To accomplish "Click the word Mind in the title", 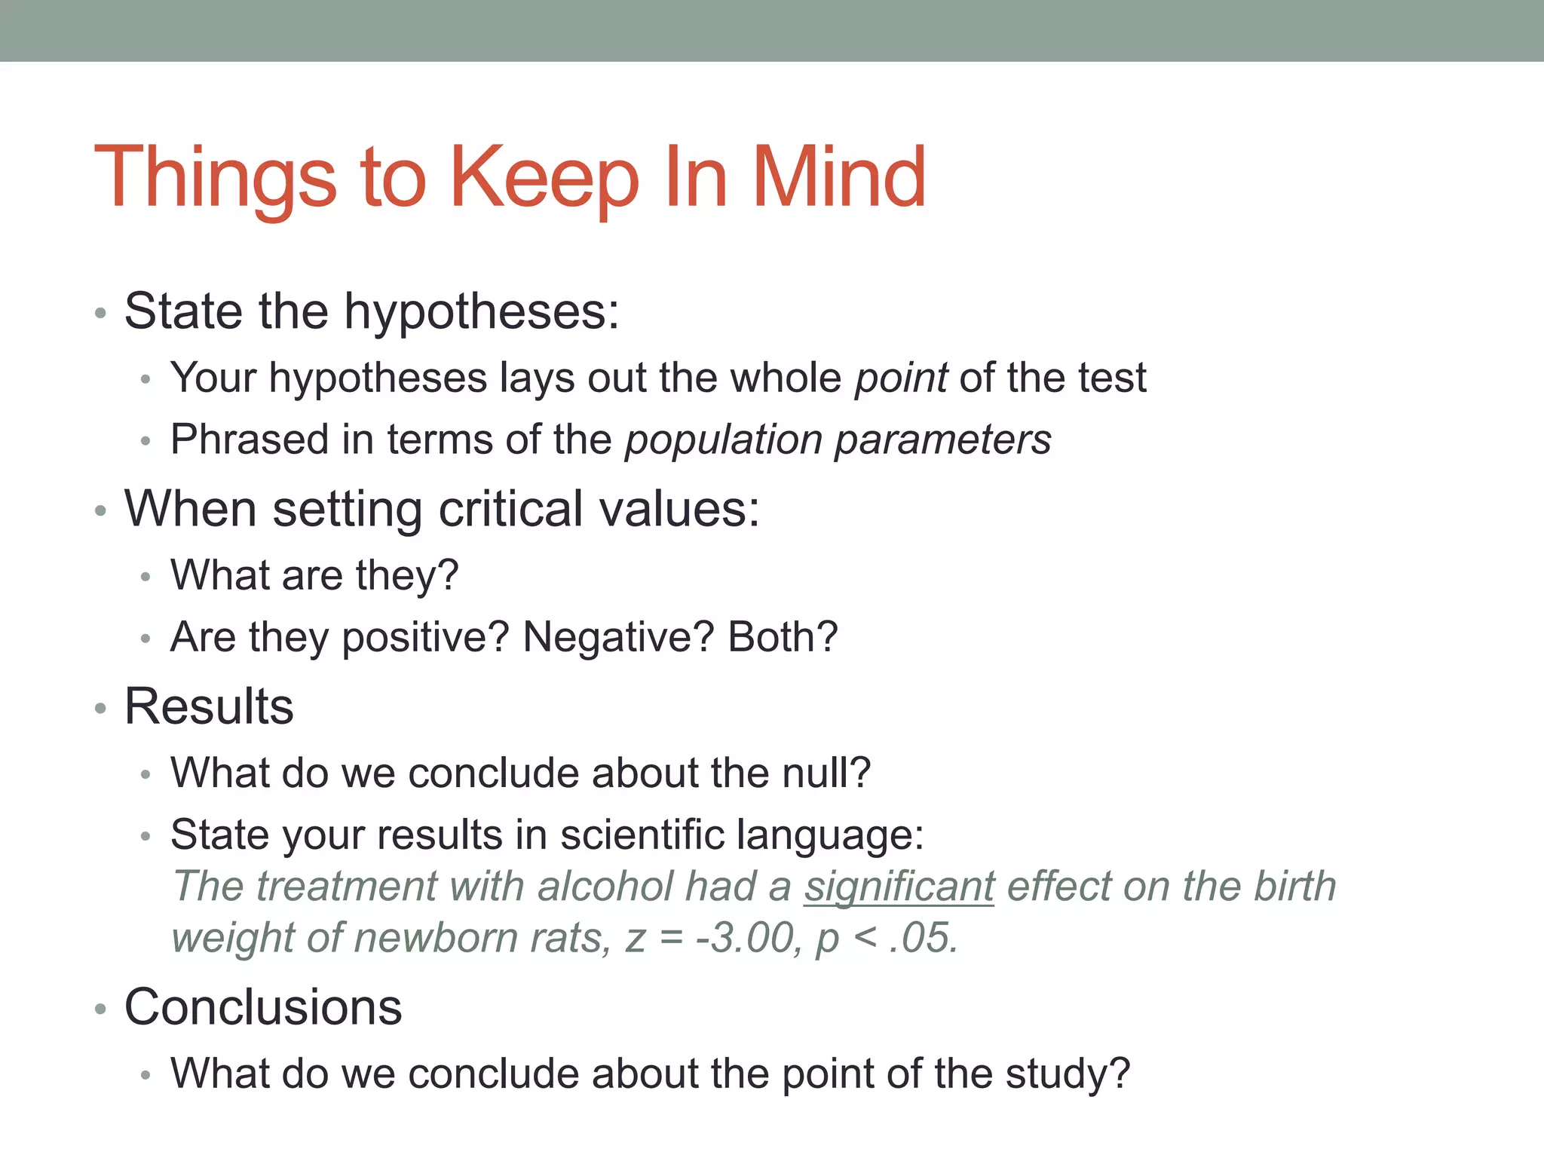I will pyautogui.click(x=838, y=177).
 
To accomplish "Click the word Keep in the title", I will pyautogui.click(x=544, y=177).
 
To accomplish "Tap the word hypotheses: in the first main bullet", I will pyautogui.click(x=482, y=311).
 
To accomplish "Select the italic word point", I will pyautogui.click(x=900, y=378).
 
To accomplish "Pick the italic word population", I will pyautogui.click(x=723, y=440).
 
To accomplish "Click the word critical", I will pyautogui.click(x=510, y=509).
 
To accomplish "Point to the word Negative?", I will pyautogui.click(x=618, y=637).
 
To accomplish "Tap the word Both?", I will pyautogui.click(x=783, y=637).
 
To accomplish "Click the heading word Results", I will pyautogui.click(x=209, y=707).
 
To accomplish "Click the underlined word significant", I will pyautogui.click(x=899, y=886).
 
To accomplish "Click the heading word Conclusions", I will pyautogui.click(x=263, y=1007).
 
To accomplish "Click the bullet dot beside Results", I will pyautogui.click(x=101, y=709).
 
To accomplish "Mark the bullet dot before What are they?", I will pyautogui.click(x=146, y=577).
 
